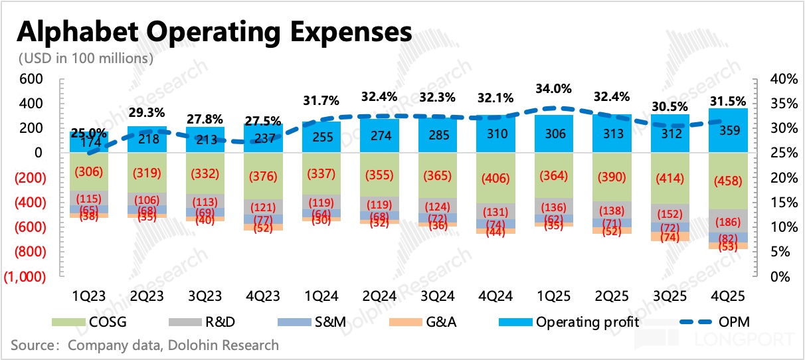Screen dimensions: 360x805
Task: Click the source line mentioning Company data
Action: [x=145, y=345]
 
